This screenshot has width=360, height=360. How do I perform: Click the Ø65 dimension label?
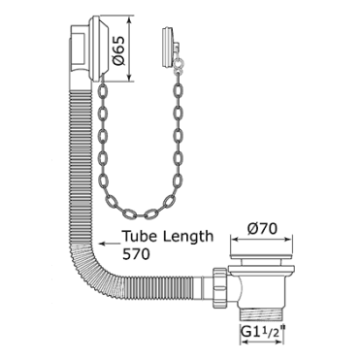pyautogui.click(x=118, y=50)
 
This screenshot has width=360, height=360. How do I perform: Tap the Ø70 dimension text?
pyautogui.click(x=262, y=229)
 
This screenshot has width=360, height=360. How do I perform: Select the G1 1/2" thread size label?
pyautogui.click(x=264, y=334)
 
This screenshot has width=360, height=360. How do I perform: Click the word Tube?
pyautogui.click(x=140, y=236)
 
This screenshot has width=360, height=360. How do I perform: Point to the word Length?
pyautogui.click(x=188, y=237)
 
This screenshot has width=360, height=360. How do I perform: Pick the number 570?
pyautogui.click(x=136, y=254)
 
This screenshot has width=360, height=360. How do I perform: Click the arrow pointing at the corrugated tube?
pyautogui.click(x=110, y=243)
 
